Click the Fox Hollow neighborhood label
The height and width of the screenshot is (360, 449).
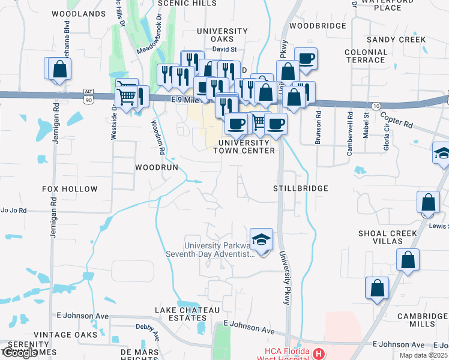(x=70, y=189)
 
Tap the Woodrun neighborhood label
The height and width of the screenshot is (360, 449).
(x=156, y=167)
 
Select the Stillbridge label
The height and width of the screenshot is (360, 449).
(x=300, y=188)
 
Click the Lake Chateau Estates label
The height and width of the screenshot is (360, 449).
(x=187, y=314)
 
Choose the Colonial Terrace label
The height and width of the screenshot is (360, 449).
(x=366, y=56)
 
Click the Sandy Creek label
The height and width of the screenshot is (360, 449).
(x=396, y=40)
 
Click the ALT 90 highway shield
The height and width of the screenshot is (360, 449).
(x=89, y=97)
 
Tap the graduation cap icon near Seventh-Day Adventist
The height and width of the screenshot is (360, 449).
(x=261, y=240)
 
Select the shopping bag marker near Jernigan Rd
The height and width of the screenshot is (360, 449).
(x=59, y=69)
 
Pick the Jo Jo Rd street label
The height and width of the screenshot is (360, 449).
(x=13, y=211)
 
